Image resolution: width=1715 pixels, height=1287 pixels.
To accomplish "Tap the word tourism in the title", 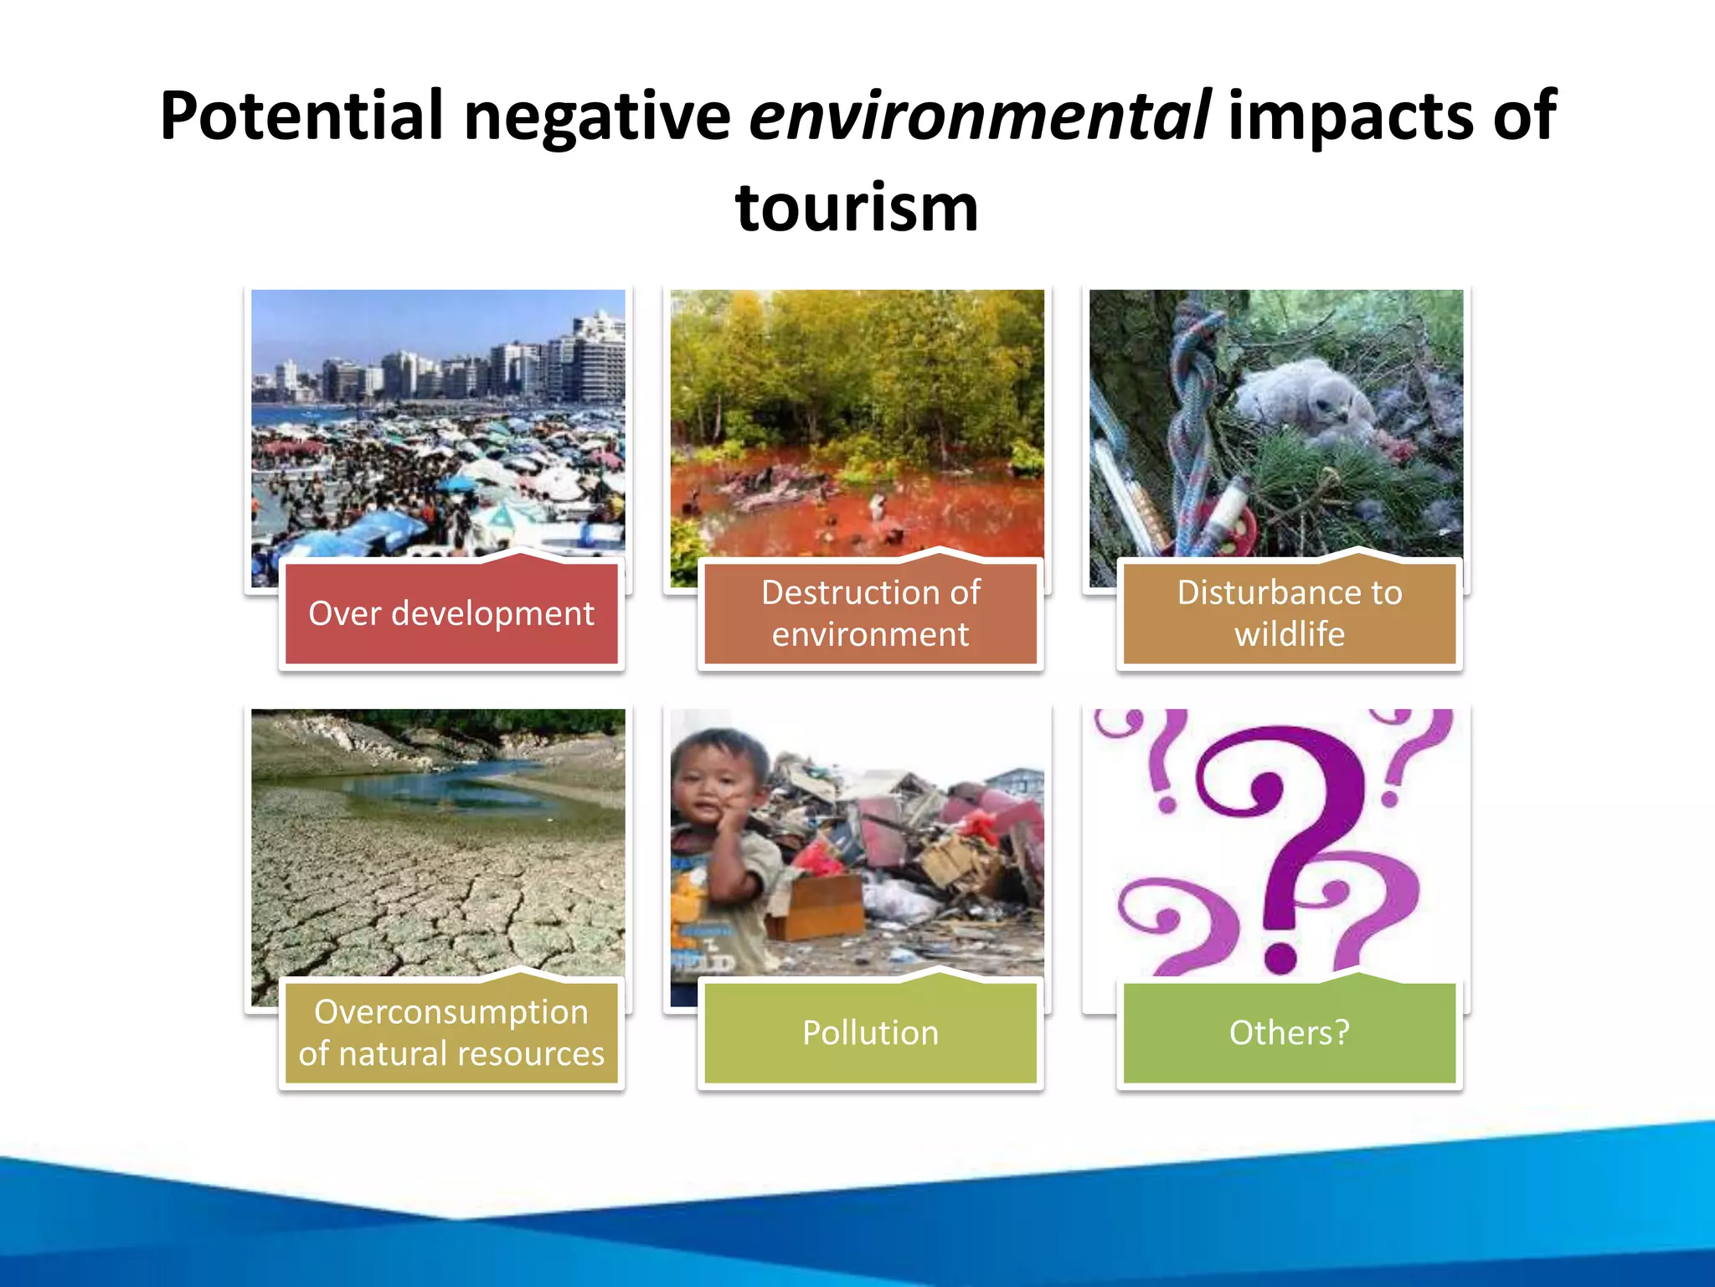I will (x=857, y=208).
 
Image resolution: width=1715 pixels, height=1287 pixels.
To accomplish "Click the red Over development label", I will (x=451, y=613).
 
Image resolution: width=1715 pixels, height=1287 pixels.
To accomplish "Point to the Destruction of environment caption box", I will (x=870, y=613).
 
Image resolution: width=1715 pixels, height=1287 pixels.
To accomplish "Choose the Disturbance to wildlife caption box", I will (x=1289, y=613).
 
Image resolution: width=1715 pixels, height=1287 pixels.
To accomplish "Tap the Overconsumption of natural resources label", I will (x=451, y=1032).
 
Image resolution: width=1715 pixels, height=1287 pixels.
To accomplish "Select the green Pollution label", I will (x=870, y=1032).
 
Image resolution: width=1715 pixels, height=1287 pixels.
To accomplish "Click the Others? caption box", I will (x=1289, y=1032).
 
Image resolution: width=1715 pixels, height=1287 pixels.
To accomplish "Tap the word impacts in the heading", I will (x=1348, y=116).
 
